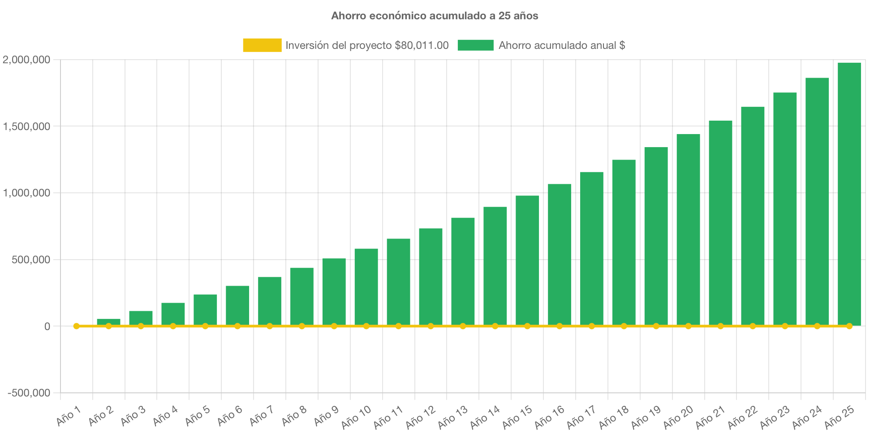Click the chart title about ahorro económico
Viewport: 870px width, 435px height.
click(x=435, y=16)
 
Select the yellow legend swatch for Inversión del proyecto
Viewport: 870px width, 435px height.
click(x=262, y=45)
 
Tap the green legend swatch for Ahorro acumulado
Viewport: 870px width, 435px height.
click(x=475, y=45)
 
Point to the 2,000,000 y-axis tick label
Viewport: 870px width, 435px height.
click(x=26, y=60)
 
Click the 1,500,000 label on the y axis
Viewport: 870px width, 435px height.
click(x=26, y=126)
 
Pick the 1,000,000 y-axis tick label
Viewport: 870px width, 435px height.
click(x=26, y=193)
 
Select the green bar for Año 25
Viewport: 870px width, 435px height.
click(x=849, y=193)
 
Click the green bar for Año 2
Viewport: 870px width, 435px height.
click(x=108, y=322)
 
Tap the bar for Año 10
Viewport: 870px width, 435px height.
click(x=366, y=287)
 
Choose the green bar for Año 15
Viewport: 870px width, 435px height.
click(x=527, y=260)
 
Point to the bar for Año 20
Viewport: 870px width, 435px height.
click(x=688, y=229)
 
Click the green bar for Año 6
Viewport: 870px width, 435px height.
click(x=237, y=305)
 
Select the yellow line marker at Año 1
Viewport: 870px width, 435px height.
click(x=77, y=326)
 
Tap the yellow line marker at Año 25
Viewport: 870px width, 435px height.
click(x=849, y=326)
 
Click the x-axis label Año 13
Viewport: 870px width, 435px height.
click(x=452, y=417)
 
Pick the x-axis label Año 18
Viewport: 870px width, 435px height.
click(x=614, y=417)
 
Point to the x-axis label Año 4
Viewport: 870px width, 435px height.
click(x=165, y=416)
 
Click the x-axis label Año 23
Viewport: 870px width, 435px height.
click(x=775, y=417)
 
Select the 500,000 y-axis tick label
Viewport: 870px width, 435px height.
click(x=31, y=260)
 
